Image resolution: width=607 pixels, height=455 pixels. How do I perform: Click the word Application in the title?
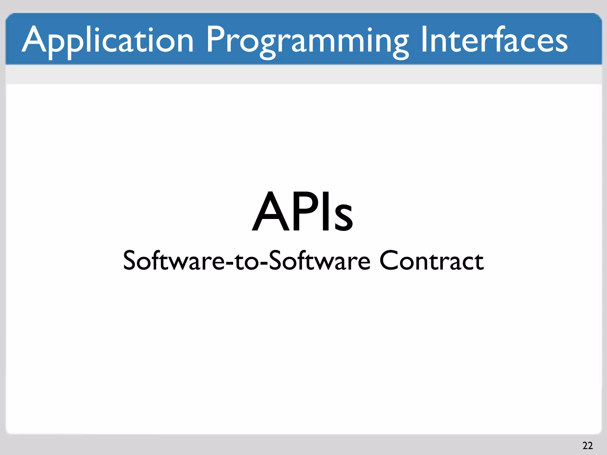(108, 40)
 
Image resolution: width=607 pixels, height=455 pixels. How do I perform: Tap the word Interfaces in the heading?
(494, 40)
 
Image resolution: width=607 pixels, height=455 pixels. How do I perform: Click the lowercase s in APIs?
(341, 218)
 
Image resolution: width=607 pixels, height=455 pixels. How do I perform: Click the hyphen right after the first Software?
(229, 262)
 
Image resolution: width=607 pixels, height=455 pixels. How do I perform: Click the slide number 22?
(587, 445)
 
